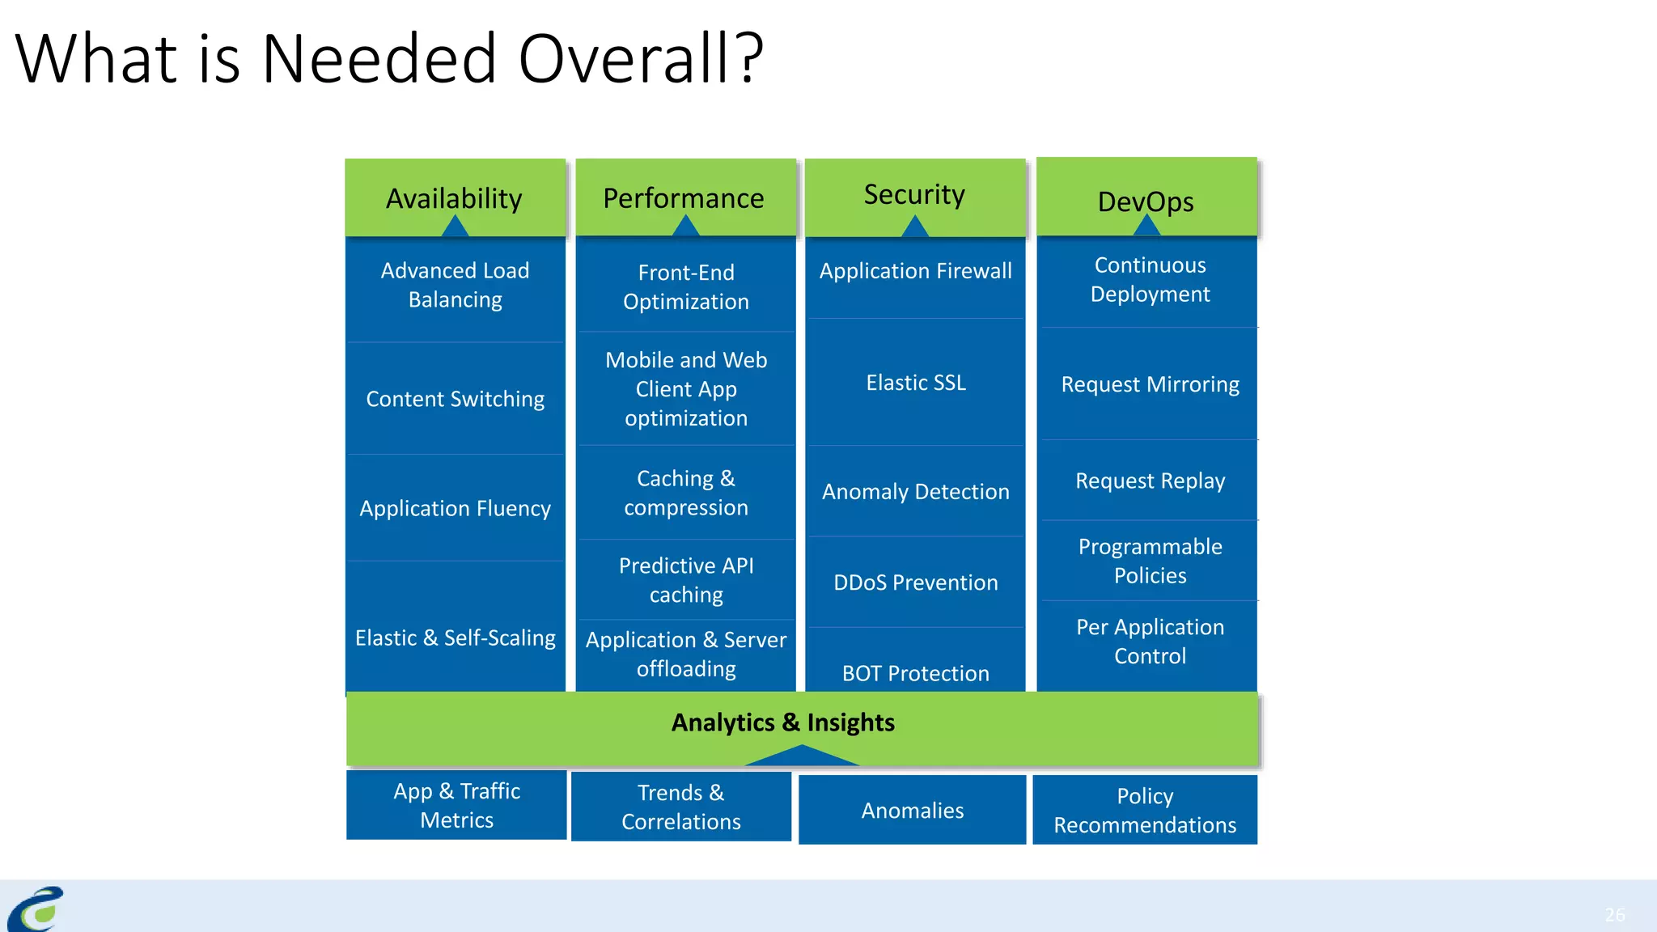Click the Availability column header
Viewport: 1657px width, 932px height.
click(455, 197)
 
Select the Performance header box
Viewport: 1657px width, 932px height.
click(684, 197)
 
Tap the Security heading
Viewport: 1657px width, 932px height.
click(915, 194)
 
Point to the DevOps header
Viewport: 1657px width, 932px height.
click(1146, 201)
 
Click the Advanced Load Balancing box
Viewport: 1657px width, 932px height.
click(455, 285)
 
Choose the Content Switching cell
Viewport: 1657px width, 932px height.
click(455, 399)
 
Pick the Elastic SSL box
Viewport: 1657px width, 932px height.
click(916, 383)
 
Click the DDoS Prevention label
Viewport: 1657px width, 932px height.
click(916, 582)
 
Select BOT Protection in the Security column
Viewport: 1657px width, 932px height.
click(916, 673)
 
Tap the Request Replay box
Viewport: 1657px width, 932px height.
click(1150, 481)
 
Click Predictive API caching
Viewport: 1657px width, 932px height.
click(686, 579)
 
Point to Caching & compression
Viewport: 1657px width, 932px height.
click(686, 493)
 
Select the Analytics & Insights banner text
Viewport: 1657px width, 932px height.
click(783, 722)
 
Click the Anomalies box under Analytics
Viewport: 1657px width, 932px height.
click(913, 810)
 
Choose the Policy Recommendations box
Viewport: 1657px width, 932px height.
click(1145, 810)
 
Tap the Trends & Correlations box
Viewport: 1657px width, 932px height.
click(681, 807)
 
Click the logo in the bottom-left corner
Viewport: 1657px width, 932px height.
click(36, 909)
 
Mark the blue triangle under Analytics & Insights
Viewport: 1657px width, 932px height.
click(801, 757)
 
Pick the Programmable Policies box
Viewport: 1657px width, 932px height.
click(1150, 561)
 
